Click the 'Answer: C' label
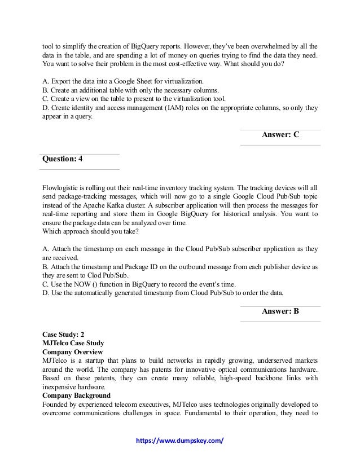280,135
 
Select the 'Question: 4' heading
63,160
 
